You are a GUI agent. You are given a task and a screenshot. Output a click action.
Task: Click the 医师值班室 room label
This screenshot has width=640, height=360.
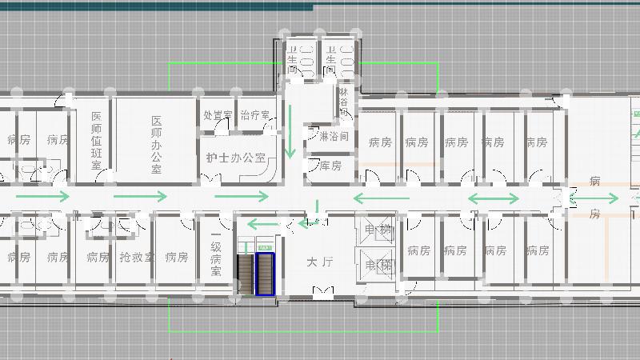pos(96,140)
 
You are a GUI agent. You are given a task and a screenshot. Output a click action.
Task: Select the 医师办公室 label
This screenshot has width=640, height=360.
pos(156,145)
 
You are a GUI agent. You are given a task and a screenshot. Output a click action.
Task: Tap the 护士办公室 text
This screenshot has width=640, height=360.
pos(235,158)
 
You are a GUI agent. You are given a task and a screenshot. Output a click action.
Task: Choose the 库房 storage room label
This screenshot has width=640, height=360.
pos(330,166)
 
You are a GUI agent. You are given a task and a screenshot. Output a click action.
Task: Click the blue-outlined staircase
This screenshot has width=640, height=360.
pos(264,274)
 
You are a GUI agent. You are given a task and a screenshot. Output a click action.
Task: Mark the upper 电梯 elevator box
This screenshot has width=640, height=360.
pos(378,231)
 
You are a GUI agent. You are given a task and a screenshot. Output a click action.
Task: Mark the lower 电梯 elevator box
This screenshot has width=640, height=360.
pos(378,265)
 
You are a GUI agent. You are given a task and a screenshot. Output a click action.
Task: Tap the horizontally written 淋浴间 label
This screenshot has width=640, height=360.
pos(333,137)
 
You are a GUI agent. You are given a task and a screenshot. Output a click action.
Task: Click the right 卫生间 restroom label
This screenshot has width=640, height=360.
pos(329,60)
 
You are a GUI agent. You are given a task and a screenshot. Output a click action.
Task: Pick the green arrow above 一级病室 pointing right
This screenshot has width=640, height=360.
pos(242,196)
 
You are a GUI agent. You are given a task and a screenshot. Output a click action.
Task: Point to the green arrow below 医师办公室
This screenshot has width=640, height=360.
pos(140,196)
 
